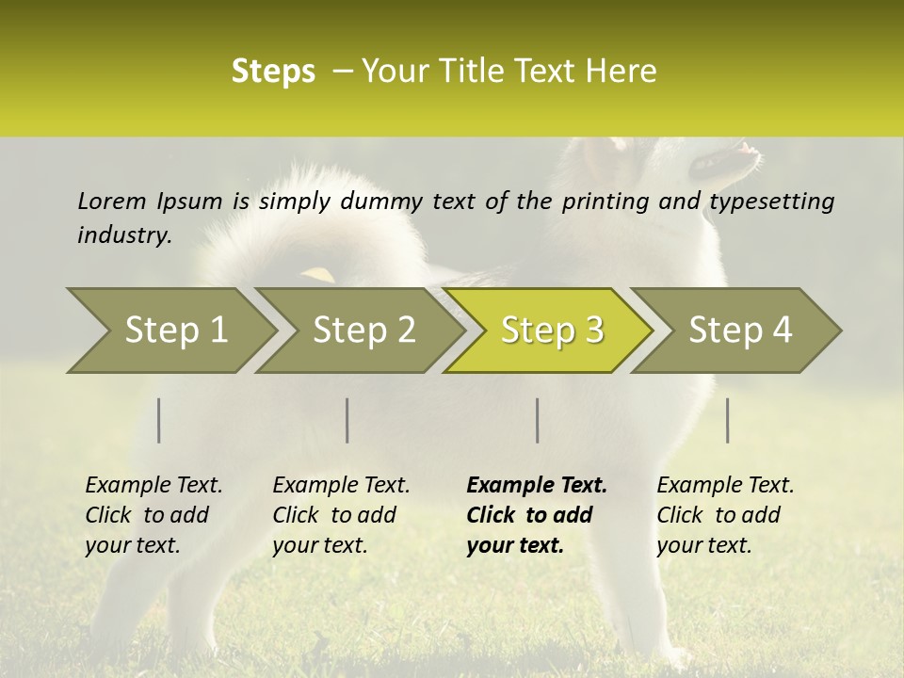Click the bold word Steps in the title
[273, 72]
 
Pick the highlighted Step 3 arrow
[552, 331]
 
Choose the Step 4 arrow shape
[740, 331]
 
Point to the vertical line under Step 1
[159, 420]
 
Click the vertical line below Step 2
[347, 420]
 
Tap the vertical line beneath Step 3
[537, 420]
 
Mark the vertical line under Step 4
[728, 420]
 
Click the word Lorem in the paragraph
[111, 202]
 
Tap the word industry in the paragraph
[124, 235]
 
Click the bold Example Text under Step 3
[537, 486]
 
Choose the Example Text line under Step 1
[153, 486]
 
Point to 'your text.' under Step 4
[703, 546]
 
